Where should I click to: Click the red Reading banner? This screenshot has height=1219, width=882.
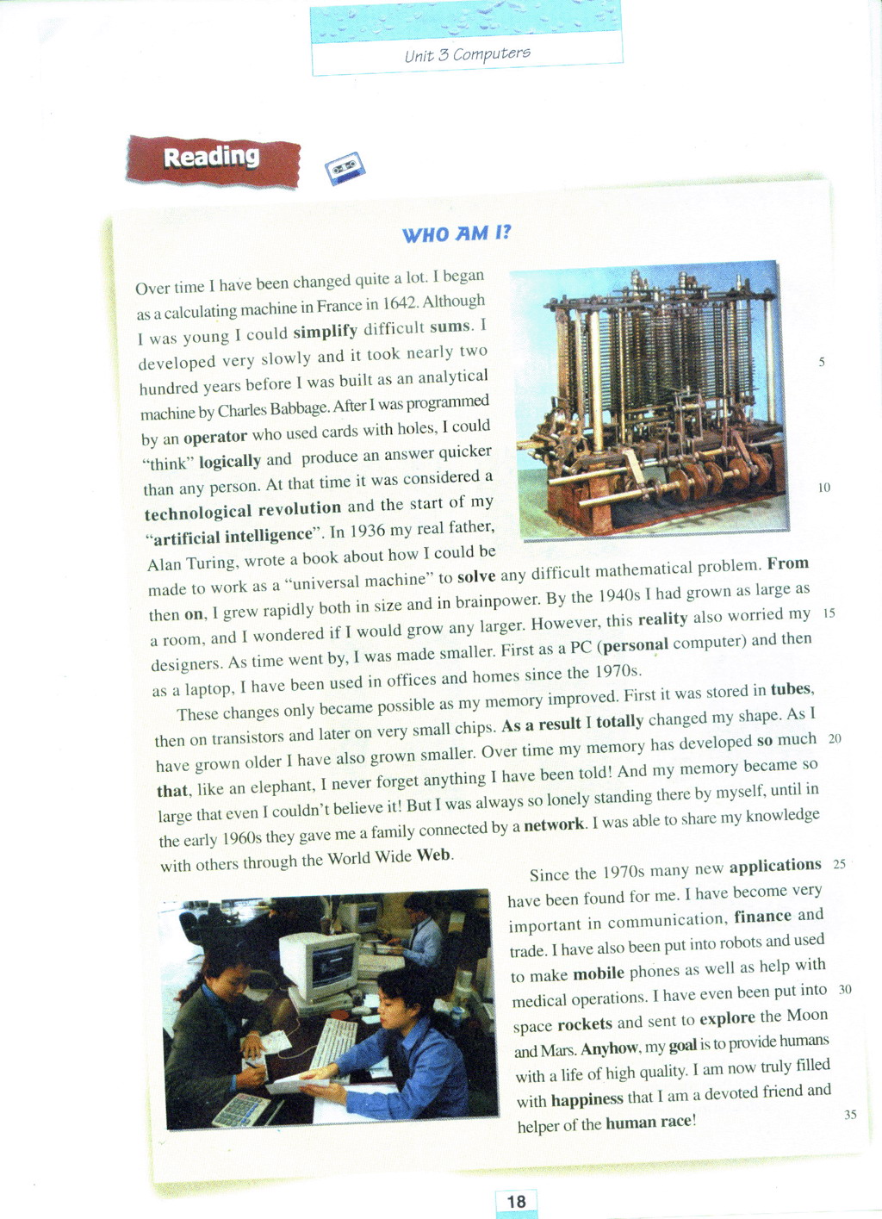[x=212, y=159]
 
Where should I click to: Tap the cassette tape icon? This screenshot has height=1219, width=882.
[x=345, y=168]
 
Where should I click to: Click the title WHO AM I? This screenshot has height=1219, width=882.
[x=457, y=233]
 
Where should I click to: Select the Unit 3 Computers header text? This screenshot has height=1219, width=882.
[x=468, y=54]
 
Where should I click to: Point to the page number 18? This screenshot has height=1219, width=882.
[x=516, y=1202]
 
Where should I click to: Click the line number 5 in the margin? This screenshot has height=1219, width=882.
[x=822, y=362]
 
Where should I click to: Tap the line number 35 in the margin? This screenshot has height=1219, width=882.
[x=850, y=1114]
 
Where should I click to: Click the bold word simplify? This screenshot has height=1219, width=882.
[x=325, y=332]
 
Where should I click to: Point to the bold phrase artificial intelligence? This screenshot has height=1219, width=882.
[x=232, y=536]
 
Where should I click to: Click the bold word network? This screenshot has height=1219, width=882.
[x=554, y=824]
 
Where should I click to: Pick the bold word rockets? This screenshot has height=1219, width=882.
[x=585, y=1023]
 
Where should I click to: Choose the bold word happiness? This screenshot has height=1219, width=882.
[x=587, y=1099]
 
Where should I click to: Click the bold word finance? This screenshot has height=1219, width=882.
[x=762, y=917]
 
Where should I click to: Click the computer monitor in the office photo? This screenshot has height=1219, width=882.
[x=320, y=965]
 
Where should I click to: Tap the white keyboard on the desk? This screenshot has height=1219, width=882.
[x=333, y=1043]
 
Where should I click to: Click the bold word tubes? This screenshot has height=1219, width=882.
[x=790, y=689]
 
